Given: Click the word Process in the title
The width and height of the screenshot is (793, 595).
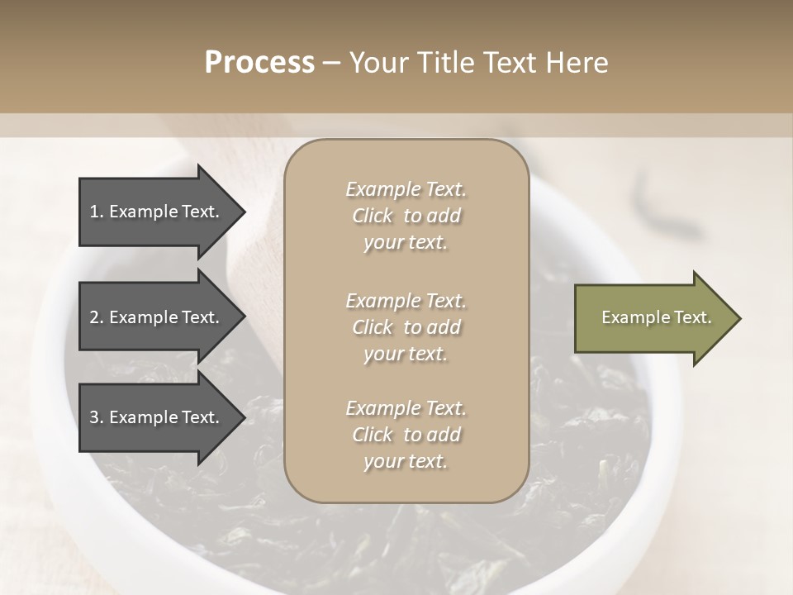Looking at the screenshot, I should click(x=259, y=63).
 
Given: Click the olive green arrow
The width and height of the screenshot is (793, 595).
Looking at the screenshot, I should click(x=657, y=318).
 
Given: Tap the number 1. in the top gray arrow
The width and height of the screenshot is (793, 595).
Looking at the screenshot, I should click(x=97, y=212).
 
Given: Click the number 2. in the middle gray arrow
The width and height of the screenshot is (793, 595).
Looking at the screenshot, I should click(x=97, y=317).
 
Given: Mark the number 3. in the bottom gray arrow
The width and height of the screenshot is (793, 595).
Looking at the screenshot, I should click(x=97, y=417).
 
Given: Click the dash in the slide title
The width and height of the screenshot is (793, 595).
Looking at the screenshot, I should click(x=332, y=64).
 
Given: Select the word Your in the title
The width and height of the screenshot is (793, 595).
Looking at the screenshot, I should click(x=378, y=63).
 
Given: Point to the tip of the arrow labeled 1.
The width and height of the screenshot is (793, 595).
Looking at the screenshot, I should click(x=244, y=212).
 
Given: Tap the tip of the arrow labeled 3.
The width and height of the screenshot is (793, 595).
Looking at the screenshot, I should click(x=244, y=418).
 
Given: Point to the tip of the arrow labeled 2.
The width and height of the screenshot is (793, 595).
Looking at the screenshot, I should click(x=244, y=318).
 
